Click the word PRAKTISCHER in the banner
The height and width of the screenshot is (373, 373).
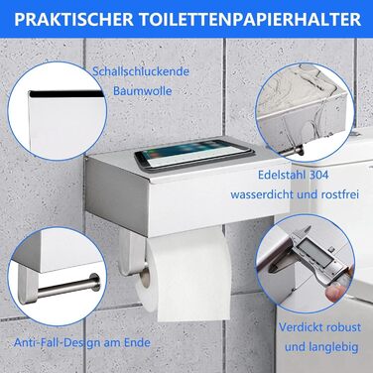[73, 20]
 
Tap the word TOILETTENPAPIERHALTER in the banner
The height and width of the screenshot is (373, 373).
[250, 20]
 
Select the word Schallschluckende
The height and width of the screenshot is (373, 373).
[141, 71]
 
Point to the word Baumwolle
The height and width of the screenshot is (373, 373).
[143, 90]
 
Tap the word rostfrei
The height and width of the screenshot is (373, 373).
[340, 194]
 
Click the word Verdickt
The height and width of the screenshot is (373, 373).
[300, 327]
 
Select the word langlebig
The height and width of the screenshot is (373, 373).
[330, 347]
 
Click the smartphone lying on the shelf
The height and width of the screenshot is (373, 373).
[193, 154]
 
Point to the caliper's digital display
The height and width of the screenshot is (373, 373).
[316, 252]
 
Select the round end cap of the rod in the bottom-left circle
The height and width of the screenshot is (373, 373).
[94, 282]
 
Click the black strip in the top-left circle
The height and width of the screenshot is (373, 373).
[66, 94]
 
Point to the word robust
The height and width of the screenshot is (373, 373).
[342, 327]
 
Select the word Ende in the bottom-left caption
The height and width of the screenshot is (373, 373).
[138, 342]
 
